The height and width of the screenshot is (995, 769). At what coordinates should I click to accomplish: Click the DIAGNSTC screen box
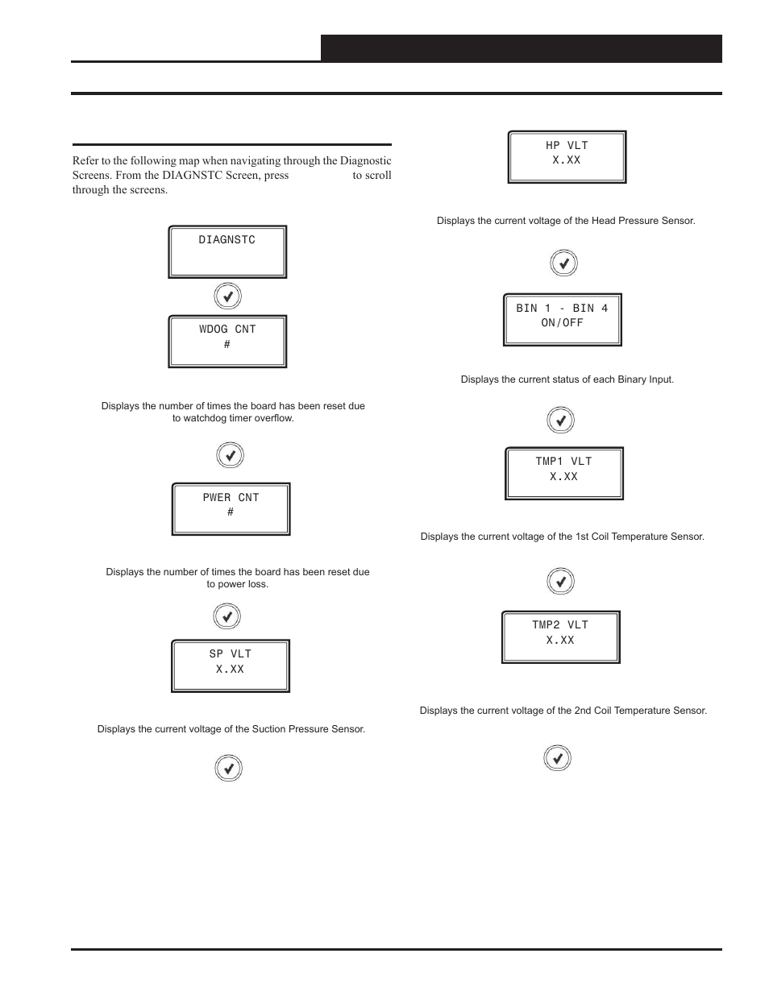tap(227, 252)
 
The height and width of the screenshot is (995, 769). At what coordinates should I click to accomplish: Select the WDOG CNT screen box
tap(227, 342)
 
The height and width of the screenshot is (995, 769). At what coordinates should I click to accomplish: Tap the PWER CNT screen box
tap(231, 509)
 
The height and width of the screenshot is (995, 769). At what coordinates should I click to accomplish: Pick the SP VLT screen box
tap(230, 666)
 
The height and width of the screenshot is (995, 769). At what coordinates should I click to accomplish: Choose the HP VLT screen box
tap(567, 157)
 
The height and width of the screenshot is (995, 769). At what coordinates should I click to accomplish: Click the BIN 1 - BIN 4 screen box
tap(562, 320)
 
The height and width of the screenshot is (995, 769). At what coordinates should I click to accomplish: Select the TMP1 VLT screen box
tap(563, 474)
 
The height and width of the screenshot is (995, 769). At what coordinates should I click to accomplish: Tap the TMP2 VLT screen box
tap(560, 636)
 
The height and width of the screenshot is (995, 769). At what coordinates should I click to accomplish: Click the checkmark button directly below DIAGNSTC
tap(228, 296)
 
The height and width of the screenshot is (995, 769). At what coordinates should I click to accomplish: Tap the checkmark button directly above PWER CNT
tap(231, 456)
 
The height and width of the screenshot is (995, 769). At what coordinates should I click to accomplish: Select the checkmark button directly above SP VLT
tap(227, 617)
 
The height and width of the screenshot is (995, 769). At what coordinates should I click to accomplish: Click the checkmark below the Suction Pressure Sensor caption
tap(229, 769)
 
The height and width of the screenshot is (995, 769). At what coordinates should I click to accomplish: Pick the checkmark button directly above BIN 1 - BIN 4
tap(564, 263)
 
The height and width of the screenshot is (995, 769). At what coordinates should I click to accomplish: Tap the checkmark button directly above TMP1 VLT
tap(561, 421)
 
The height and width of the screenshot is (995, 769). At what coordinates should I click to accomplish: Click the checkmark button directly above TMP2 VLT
tap(561, 581)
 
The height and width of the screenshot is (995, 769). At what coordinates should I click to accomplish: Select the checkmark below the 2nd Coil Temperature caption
tap(558, 758)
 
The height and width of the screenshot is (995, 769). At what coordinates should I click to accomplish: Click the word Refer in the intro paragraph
tap(85, 161)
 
